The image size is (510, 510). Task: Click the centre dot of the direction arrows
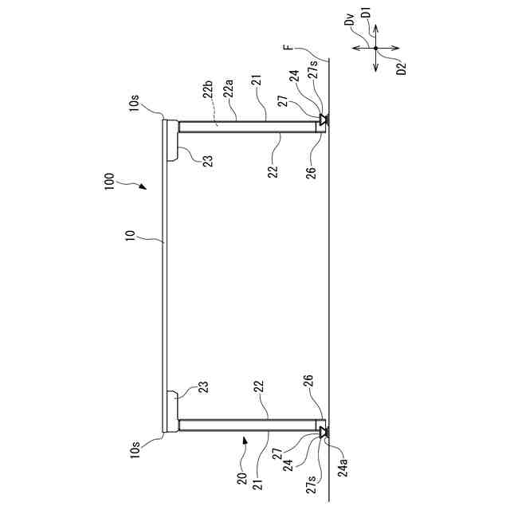coord(376,49)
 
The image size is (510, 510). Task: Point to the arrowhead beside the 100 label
coord(143,189)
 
